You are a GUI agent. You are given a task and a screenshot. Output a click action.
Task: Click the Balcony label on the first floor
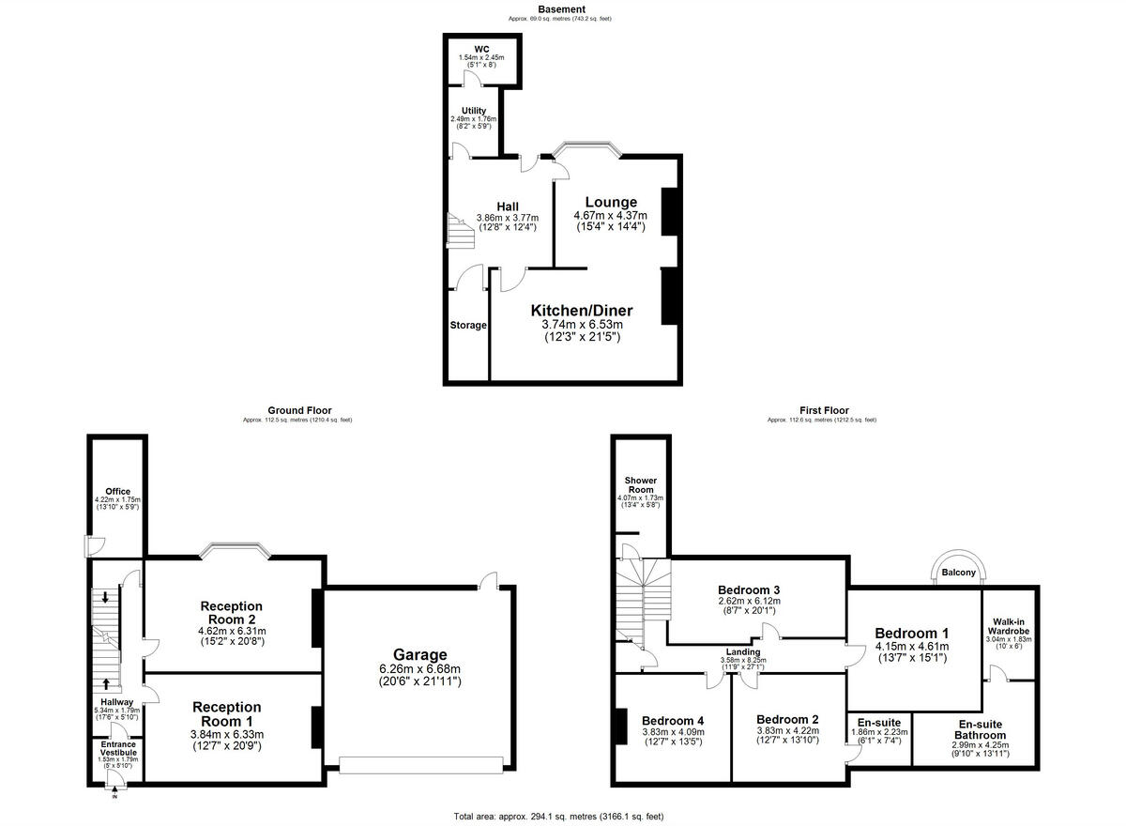click(959, 573)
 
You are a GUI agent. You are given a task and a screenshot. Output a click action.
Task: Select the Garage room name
click(419, 654)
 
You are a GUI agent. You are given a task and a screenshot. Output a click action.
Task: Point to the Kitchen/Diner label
click(582, 311)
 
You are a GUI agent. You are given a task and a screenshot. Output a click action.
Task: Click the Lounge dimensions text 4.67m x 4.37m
click(611, 216)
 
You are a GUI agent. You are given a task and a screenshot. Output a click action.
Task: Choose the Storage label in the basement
click(467, 326)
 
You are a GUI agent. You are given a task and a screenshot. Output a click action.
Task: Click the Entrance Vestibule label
click(118, 748)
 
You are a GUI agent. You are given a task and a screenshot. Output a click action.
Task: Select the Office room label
click(117, 491)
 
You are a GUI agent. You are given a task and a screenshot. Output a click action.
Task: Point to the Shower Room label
click(640, 484)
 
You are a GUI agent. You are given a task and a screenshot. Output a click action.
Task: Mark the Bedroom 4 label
click(673, 720)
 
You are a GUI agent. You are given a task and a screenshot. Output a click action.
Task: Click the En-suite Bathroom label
click(981, 729)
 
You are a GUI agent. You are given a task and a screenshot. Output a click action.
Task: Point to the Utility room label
click(474, 111)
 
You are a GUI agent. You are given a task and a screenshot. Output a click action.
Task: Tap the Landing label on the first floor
click(742, 651)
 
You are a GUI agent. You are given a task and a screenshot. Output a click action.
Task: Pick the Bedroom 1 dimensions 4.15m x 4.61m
click(911, 646)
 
